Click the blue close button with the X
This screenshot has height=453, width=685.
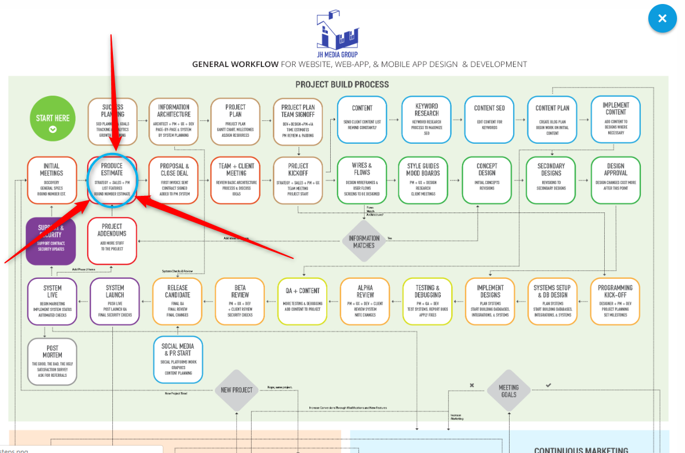point(662,18)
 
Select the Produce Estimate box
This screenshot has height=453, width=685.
point(112,179)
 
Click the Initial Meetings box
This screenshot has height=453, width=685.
point(52,180)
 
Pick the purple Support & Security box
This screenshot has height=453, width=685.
point(51,241)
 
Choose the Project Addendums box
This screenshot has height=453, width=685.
point(112,241)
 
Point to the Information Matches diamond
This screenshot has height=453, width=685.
point(364,242)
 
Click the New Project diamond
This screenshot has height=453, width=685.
point(237,390)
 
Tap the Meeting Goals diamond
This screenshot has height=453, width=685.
point(508,391)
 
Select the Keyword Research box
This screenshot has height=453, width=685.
point(426,119)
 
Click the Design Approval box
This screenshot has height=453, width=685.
point(616,180)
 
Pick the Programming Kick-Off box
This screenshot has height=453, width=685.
point(615,301)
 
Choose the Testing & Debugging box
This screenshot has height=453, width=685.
point(428,301)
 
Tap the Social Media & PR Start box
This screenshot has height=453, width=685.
point(178,359)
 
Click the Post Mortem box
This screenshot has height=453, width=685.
point(52,361)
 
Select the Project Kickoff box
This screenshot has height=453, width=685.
point(298,180)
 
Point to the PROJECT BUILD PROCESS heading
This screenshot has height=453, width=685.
point(342,84)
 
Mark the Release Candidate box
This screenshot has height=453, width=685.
point(178,301)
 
